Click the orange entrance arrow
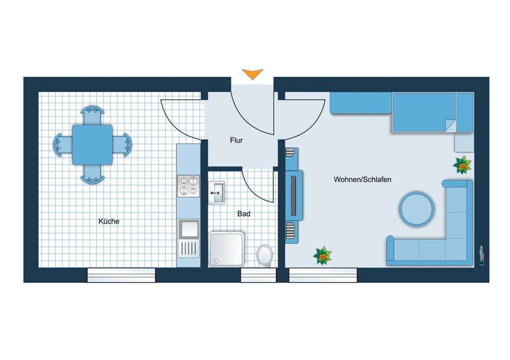coord(252,74)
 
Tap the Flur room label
coord(236,141)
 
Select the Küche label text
coord(109,221)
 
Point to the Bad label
coord(244,214)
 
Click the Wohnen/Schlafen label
coord(362,179)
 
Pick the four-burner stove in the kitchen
coord(188,186)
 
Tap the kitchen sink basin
coord(188,229)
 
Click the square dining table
coord(92,144)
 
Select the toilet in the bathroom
coord(265,255)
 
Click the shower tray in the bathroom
coord(227,248)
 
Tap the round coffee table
coord(417,208)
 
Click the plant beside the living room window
coord(322,256)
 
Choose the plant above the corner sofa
coord(462,165)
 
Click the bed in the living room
coord(425,113)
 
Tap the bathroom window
coord(258,275)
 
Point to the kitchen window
coord(121,275)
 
